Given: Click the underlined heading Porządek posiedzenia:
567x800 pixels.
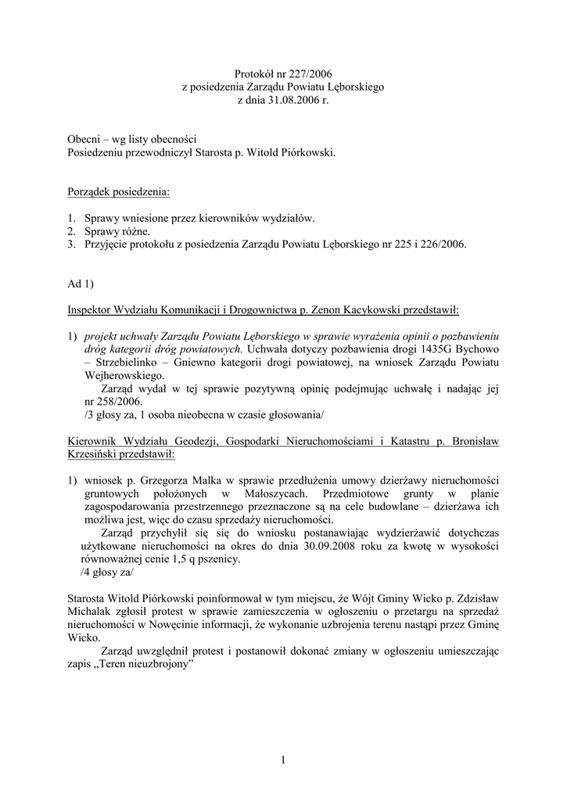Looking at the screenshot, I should (x=118, y=191).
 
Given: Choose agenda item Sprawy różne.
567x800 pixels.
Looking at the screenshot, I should (x=117, y=231).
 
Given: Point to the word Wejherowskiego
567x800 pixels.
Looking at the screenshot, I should (x=121, y=375).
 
